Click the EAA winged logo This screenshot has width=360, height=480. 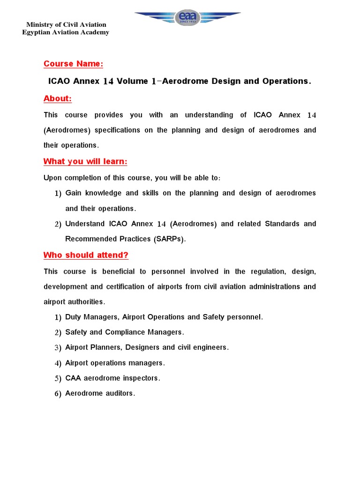pyautogui.click(x=187, y=18)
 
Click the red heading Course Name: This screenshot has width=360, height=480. pyautogui.click(x=73, y=64)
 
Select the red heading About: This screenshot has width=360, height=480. pyautogui.click(x=58, y=98)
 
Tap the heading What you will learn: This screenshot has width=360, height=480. pyautogui.click(x=85, y=162)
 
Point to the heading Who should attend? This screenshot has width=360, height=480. pyautogui.click(x=86, y=255)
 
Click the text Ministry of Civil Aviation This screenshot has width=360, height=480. pyautogui.click(x=66, y=24)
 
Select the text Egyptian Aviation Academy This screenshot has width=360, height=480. pyautogui.click(x=66, y=32)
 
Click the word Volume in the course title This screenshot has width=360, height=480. pyautogui.click(x=132, y=81)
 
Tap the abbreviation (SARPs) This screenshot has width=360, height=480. pyautogui.click(x=169, y=239)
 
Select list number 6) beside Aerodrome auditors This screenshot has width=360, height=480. pyautogui.click(x=58, y=394)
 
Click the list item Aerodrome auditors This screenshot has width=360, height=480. pyautogui.click(x=100, y=394)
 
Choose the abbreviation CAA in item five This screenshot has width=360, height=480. pyautogui.click(x=73, y=378)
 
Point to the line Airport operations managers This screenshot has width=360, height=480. pyautogui.click(x=115, y=363)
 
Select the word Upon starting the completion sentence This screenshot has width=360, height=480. pyautogui.click(x=52, y=178)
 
